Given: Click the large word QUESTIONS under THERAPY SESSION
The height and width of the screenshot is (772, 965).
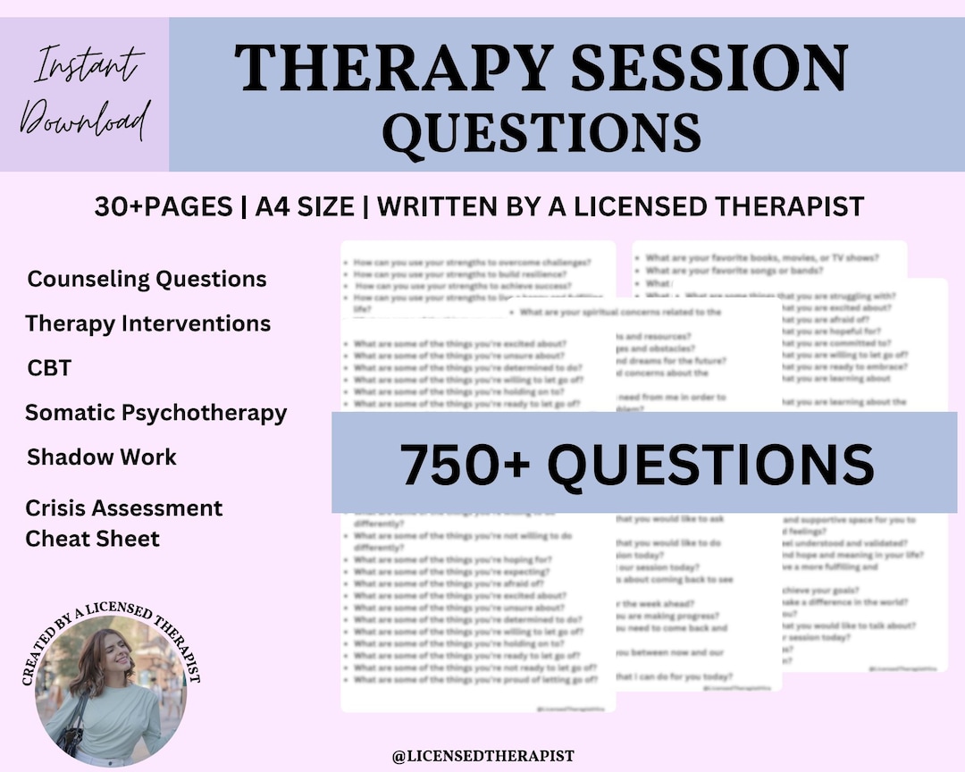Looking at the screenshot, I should pos(541,132).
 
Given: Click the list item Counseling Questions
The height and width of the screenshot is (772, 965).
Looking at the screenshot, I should pos(147,279).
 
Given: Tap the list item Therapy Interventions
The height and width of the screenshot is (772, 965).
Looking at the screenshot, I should pos(147,323).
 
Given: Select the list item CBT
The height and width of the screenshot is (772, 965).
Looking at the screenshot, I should pos(49,368).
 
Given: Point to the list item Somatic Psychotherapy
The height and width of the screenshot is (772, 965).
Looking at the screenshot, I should pos(155,413).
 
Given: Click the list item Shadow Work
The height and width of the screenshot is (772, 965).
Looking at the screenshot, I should pos(102,457).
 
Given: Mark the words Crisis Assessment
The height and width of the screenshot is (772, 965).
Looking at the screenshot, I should pos(123,508).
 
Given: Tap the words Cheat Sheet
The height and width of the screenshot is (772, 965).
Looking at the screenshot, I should pos(92,539).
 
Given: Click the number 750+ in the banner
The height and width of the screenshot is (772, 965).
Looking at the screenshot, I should pos(458,464).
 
